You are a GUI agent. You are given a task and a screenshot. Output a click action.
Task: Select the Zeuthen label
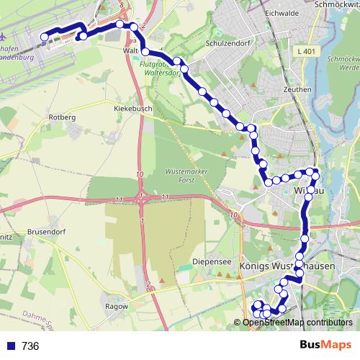(297, 90)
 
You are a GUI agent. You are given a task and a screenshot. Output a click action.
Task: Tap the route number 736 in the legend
(30, 346)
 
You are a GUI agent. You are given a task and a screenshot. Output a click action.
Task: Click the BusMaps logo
(325, 346)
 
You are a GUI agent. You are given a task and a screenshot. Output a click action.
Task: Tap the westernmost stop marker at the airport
(45, 37)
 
